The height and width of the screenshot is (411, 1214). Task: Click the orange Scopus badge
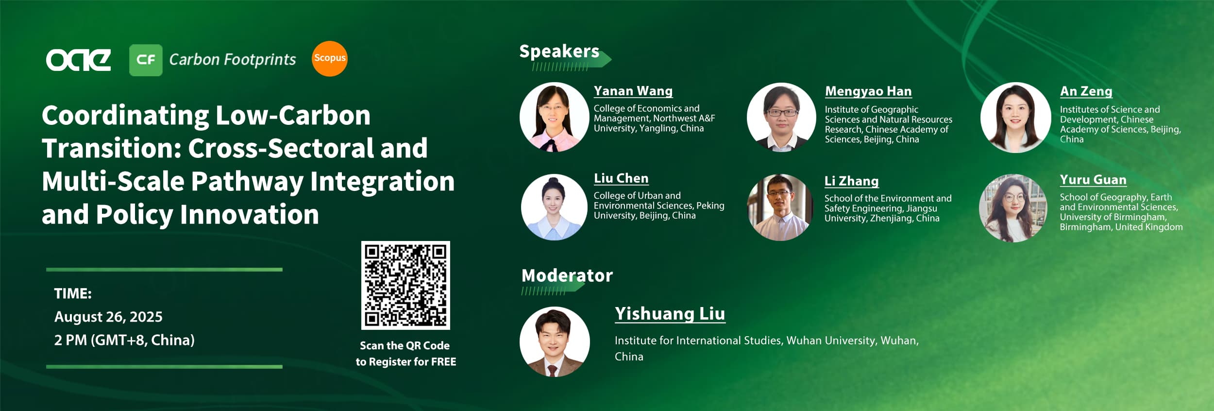point(329,59)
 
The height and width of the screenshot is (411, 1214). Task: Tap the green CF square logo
point(146,60)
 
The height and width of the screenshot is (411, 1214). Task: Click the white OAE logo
point(78,60)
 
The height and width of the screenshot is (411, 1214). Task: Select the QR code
point(405,285)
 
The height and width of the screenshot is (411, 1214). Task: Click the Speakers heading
point(559,51)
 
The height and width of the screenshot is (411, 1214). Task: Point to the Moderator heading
point(567,275)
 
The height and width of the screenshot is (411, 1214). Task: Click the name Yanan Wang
point(633,91)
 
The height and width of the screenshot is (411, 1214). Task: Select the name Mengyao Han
point(868,91)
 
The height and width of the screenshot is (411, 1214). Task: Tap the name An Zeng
point(1086,91)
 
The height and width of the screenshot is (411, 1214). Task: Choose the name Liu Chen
point(621,178)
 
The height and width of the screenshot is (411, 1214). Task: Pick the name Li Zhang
point(852,181)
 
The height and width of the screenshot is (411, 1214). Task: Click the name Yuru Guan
point(1093,180)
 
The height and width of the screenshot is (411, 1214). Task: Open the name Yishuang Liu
point(670,314)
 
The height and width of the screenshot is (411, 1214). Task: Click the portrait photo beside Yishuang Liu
point(555,342)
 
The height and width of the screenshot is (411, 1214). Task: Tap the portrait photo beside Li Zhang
point(780,207)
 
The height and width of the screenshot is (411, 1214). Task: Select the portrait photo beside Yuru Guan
point(1013,208)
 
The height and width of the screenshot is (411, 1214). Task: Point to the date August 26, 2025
point(108,317)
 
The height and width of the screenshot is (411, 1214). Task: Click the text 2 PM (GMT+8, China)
point(124,340)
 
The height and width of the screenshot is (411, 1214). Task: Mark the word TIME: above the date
point(73,293)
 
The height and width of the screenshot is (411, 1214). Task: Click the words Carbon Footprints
point(233,60)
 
